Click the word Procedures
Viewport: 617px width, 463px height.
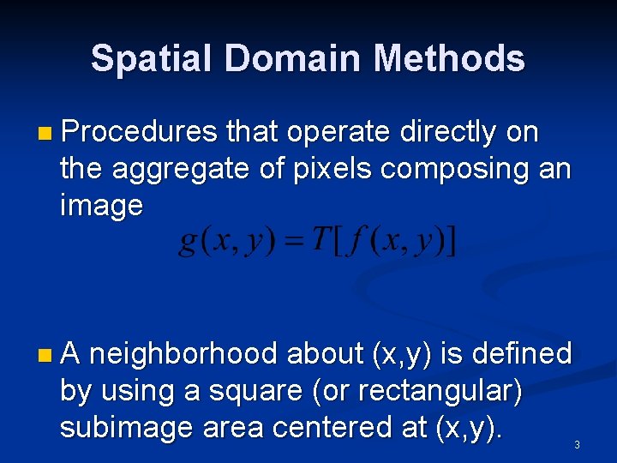tap(139, 133)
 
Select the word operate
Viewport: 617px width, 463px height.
tap(338, 133)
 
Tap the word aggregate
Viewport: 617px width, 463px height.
tap(183, 170)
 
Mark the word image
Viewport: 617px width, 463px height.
tap(101, 206)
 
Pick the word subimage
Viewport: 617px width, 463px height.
tap(126, 427)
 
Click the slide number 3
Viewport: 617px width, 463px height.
tap(577, 445)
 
